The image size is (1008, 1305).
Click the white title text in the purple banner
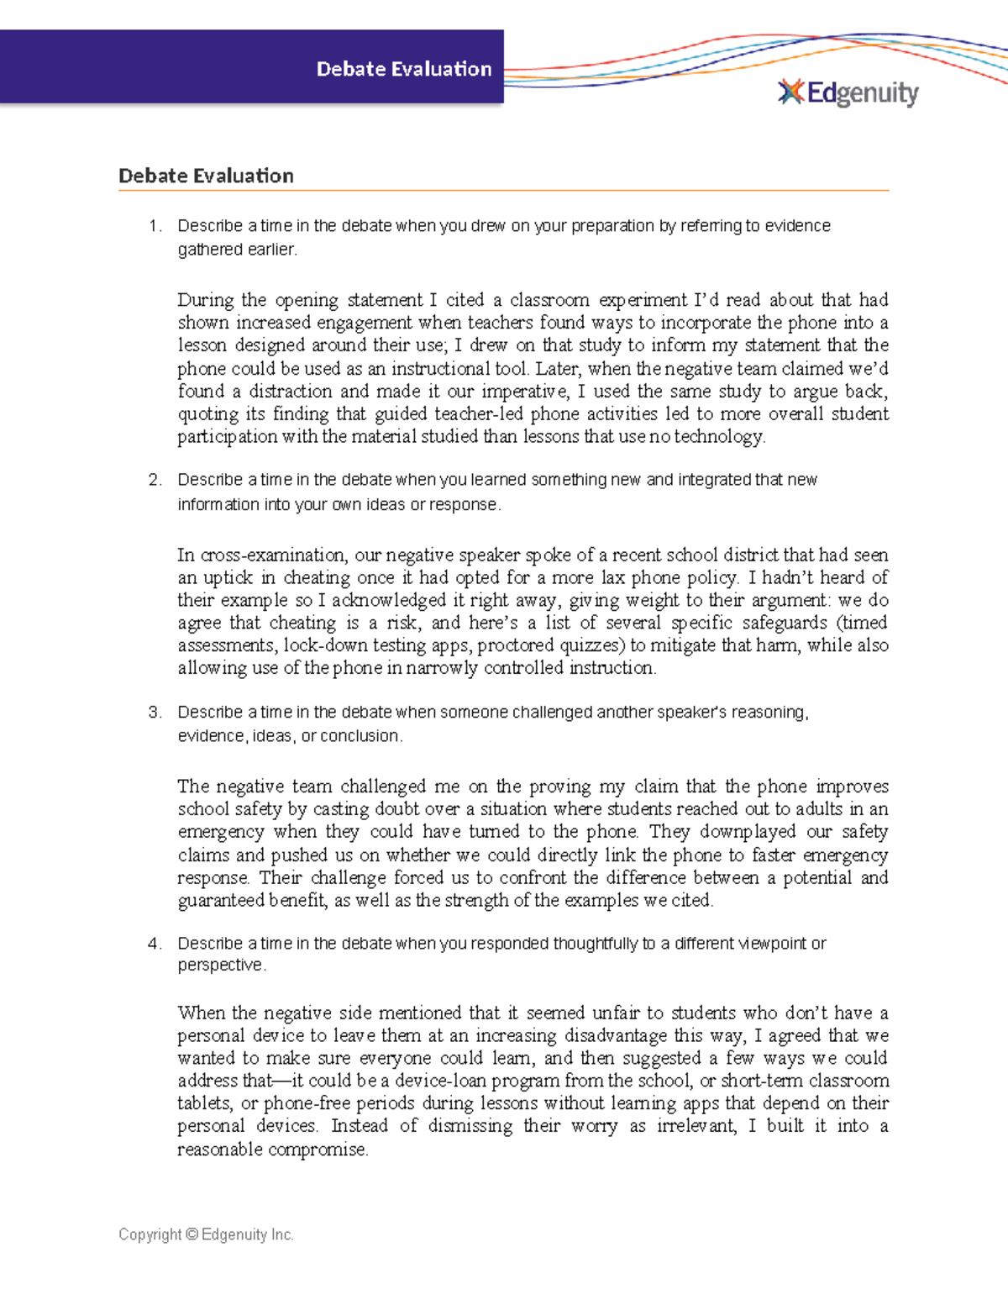coord(403,69)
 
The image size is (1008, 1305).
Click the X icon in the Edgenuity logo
coord(790,92)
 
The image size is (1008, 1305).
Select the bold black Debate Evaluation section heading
coord(206,176)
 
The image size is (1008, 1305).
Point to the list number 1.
coord(154,226)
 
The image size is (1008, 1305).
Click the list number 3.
coord(154,713)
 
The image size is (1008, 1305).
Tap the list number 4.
coord(154,944)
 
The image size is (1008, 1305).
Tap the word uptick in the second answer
coord(228,578)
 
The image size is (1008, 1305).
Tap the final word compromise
coord(318,1150)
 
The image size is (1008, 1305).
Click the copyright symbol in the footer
coord(192,1234)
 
